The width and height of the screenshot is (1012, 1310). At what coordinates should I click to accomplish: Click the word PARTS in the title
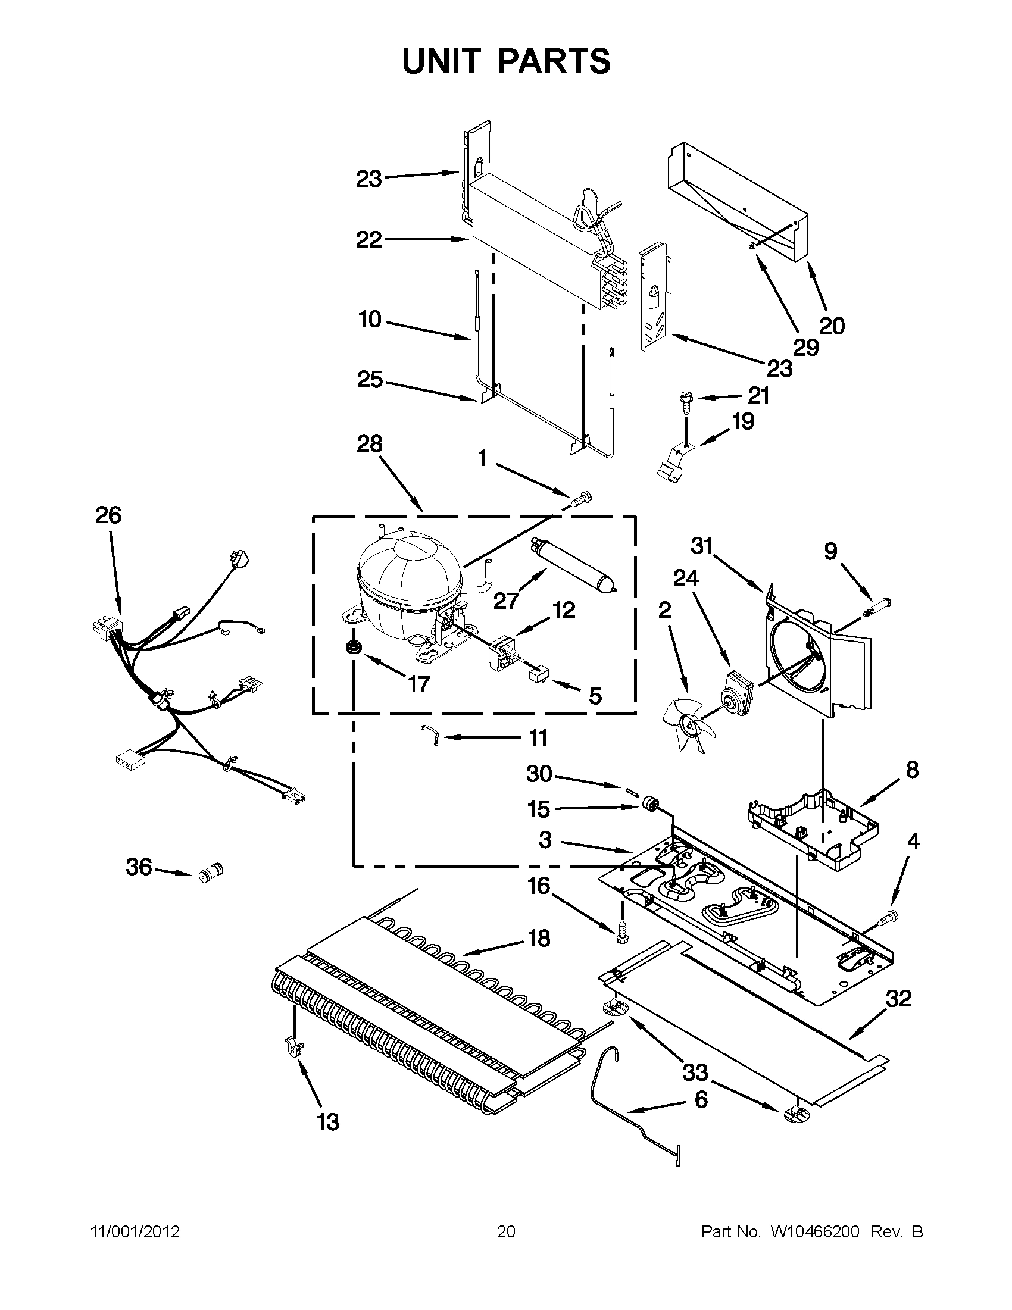coord(554,61)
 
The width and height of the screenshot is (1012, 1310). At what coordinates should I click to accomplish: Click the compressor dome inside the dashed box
coord(408,570)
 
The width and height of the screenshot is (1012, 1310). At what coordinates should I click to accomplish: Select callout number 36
coord(139,867)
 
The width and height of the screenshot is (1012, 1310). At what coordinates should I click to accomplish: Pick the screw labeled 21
coord(685,400)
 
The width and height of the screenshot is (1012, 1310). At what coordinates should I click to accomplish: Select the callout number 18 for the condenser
coord(539,938)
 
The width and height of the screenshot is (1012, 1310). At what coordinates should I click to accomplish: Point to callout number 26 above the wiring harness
coord(108,515)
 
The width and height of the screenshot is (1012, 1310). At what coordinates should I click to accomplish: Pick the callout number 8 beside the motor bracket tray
coord(912,770)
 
